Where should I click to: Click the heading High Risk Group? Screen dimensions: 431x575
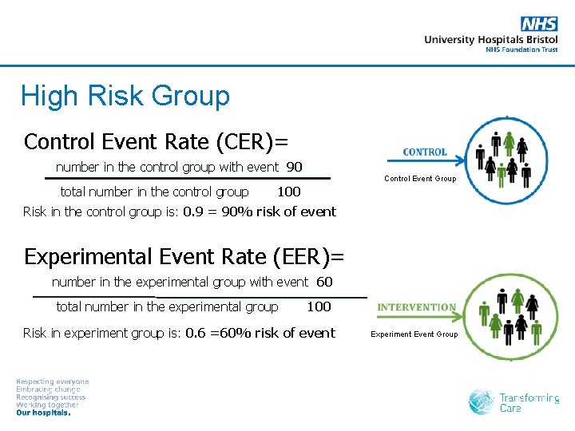[x=125, y=96]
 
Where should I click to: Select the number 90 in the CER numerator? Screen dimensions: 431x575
[x=294, y=167]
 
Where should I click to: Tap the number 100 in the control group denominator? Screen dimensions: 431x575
[x=288, y=192]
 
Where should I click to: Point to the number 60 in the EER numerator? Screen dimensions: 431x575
[x=324, y=282]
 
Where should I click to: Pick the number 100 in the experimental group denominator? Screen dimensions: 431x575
[x=319, y=306]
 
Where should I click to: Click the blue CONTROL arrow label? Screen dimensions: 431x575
[x=425, y=152]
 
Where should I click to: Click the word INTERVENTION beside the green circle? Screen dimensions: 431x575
[x=416, y=307]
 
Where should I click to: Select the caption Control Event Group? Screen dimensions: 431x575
[x=420, y=179]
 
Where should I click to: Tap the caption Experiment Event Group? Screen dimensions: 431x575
[x=414, y=334]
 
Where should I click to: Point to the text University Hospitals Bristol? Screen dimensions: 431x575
[x=490, y=39]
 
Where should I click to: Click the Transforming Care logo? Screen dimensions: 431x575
[x=514, y=402]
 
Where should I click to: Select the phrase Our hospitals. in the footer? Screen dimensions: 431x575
[x=44, y=413]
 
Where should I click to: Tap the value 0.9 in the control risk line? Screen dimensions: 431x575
[x=193, y=212]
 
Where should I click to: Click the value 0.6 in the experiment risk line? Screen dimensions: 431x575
[x=196, y=333]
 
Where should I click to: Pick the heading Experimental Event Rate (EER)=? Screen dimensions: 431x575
[x=184, y=256]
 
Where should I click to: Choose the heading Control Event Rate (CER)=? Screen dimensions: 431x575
[x=156, y=141]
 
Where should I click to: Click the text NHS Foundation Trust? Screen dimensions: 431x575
[x=521, y=49]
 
